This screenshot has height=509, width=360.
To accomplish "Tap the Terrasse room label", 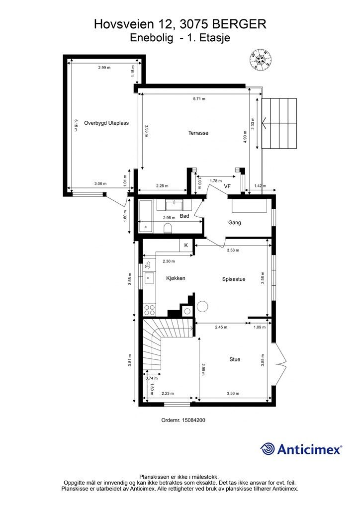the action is [198, 133].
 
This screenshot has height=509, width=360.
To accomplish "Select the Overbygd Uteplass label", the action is [106, 123].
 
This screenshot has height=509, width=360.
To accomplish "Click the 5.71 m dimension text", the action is [199, 99].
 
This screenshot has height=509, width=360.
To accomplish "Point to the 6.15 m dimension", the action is [76, 125].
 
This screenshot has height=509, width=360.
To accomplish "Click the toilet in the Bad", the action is [168, 228].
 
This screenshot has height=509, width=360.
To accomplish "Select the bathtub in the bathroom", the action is [145, 216].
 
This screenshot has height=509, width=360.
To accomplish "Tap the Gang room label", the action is [234, 222].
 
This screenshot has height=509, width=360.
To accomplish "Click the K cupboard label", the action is [186, 246].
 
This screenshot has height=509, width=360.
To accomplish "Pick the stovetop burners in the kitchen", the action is [149, 310].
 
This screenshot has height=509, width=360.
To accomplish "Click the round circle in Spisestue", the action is [203, 306].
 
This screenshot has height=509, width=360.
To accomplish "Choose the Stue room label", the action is [235, 359].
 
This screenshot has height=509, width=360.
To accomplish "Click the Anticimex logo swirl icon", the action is [268, 449].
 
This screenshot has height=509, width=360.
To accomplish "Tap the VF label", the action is [228, 186].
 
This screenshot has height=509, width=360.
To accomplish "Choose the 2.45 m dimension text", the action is [221, 327].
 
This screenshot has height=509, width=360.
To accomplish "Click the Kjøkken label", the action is [176, 278].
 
